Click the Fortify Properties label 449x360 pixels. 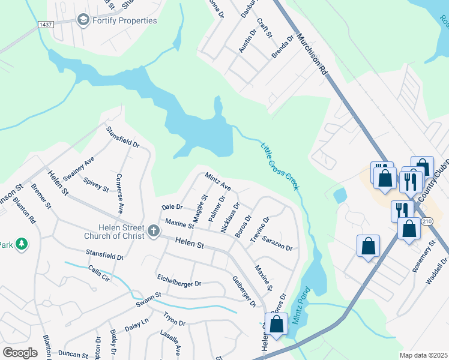(125, 20)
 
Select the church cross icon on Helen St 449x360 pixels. (153, 230)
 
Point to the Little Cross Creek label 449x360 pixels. (279, 166)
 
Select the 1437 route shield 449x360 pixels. (45, 24)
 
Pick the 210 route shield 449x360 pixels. (427, 221)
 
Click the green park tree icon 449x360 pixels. (22, 244)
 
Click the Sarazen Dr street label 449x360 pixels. (277, 243)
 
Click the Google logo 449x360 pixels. (20, 352)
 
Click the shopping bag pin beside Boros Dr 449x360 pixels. (277, 325)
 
